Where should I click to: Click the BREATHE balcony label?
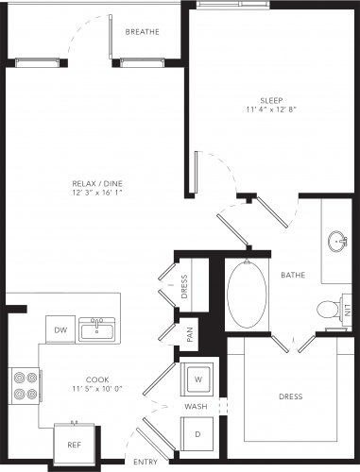click(143, 32)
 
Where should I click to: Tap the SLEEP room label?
click(271, 101)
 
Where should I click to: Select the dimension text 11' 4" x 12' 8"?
click(271, 110)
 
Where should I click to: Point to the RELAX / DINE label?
click(97, 183)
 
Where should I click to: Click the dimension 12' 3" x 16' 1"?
click(97, 193)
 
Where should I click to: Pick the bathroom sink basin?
click(337, 242)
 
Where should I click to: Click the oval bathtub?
click(247, 294)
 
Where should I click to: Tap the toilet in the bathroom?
click(329, 310)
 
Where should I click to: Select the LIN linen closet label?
click(348, 311)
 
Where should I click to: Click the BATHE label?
click(293, 276)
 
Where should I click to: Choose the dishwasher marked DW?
click(60, 329)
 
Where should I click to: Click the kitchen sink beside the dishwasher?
click(97, 329)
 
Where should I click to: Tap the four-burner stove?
click(26, 385)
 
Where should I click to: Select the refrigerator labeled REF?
click(75, 444)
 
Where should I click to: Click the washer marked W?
click(197, 379)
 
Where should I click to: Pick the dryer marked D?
click(197, 434)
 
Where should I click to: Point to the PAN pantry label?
click(190, 335)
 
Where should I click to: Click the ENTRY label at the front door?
click(146, 462)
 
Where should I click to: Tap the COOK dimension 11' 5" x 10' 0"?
click(97, 389)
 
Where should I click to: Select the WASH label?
click(196, 407)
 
